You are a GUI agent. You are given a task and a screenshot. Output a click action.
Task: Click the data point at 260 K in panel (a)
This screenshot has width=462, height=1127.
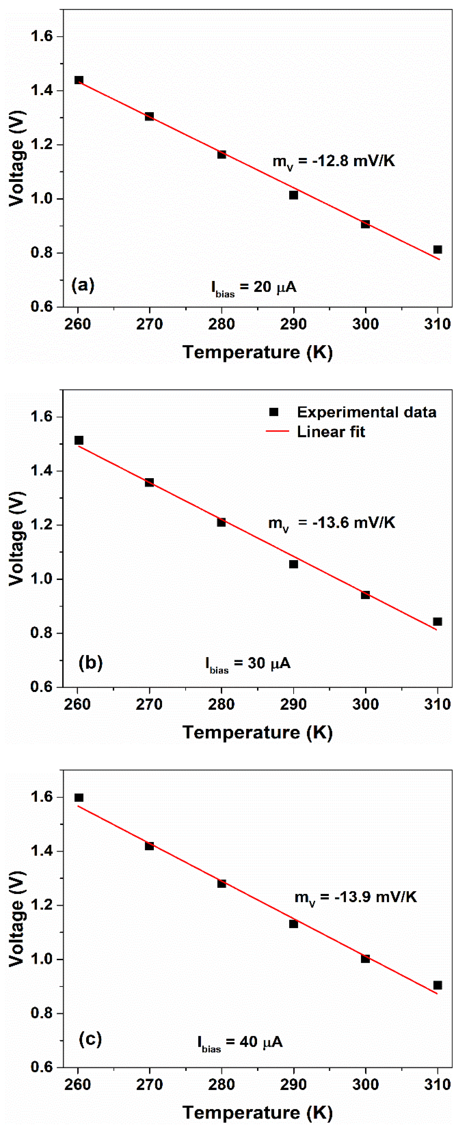pyautogui.click(x=79, y=80)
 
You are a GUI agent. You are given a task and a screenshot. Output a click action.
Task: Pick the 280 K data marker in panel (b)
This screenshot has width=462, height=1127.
pyautogui.click(x=221, y=522)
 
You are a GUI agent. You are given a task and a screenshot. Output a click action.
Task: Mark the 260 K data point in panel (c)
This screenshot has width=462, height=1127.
pyautogui.click(x=79, y=797)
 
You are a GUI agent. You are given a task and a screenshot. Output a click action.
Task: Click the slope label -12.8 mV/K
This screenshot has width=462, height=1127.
pyautogui.click(x=333, y=161)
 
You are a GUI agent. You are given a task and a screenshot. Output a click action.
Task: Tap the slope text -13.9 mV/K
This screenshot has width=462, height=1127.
pyautogui.click(x=355, y=897)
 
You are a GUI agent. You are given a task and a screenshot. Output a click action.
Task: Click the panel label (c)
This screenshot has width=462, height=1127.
pyautogui.click(x=90, y=1038)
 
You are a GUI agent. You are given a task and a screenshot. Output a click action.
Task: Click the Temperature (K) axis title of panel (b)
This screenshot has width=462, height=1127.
pyautogui.click(x=257, y=732)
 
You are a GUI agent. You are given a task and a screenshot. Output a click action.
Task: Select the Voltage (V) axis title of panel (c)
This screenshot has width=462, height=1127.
pyautogui.click(x=17, y=919)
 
